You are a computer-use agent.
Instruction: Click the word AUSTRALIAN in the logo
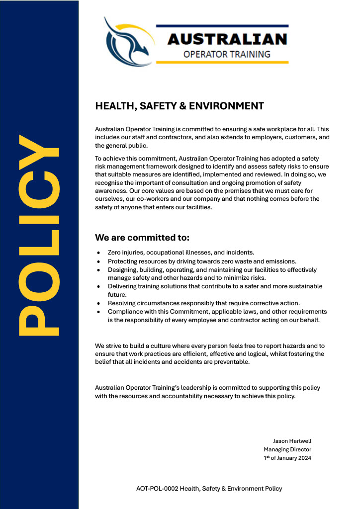point(227,39)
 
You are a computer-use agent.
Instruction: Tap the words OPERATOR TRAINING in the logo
point(227,54)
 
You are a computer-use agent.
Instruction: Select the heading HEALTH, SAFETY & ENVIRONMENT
point(180,106)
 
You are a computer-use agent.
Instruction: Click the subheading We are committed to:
point(142,237)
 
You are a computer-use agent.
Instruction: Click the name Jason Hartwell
point(292,441)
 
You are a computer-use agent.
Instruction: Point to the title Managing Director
point(287,449)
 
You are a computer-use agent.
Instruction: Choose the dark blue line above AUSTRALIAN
point(222,26)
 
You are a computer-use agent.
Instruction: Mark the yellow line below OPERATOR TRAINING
point(222,63)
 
